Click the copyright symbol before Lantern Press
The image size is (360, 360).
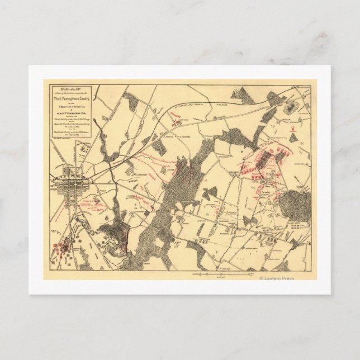click(x=260, y=278)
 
